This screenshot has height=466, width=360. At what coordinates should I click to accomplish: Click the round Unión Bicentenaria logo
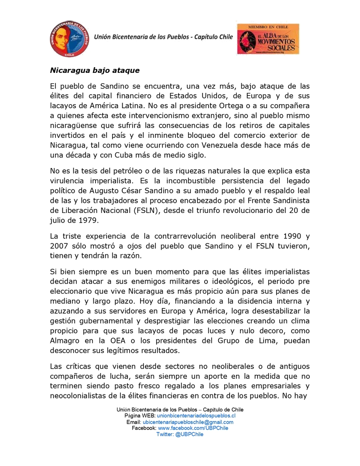[x=69, y=38]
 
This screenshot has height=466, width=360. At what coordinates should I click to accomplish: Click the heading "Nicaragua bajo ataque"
[x=94, y=70]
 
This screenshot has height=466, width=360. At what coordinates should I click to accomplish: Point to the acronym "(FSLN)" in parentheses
[x=158, y=210]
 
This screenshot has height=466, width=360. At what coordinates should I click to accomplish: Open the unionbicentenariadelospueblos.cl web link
[x=196, y=416]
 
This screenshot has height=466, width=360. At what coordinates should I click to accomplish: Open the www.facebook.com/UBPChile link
[x=193, y=428]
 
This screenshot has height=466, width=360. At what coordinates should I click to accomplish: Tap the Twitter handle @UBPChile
[x=180, y=434]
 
